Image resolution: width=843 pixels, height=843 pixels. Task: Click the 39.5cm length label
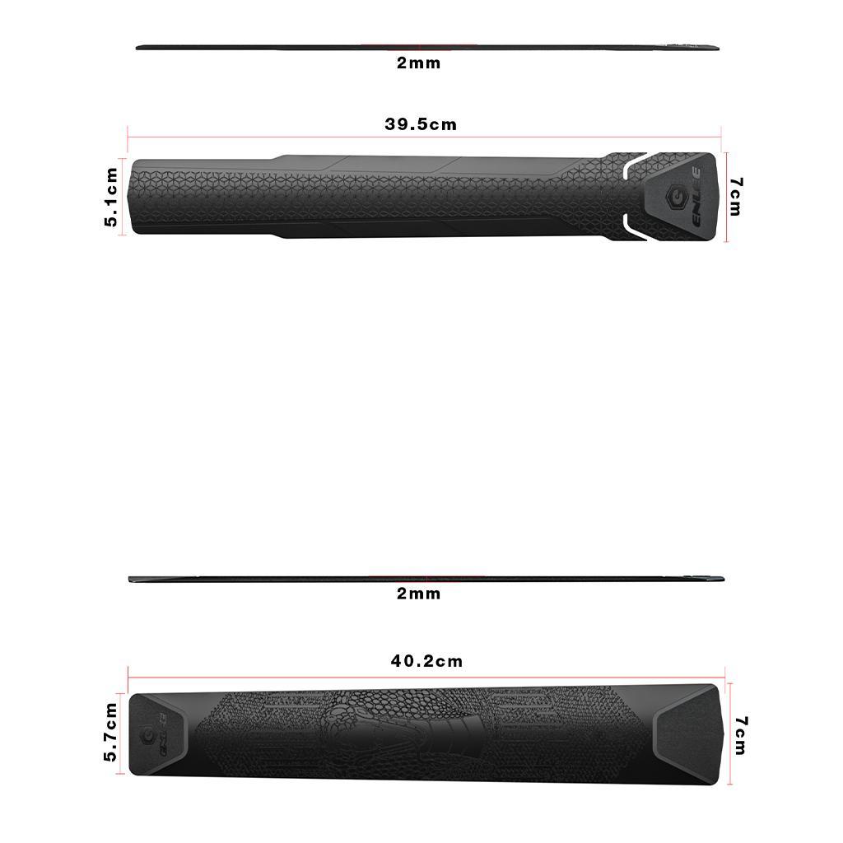coord(420,124)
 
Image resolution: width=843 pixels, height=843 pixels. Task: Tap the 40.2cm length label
coord(426,661)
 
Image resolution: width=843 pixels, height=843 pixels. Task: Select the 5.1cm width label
coord(111,197)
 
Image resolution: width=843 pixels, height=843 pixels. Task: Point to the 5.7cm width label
coord(111,732)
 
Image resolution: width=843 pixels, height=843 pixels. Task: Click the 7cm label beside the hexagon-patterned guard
coord(735,197)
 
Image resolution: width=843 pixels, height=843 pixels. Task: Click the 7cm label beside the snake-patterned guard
coord(741,734)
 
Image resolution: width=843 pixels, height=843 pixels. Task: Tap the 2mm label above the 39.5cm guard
coord(418,63)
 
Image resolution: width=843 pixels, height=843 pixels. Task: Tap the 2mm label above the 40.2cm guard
coord(418,594)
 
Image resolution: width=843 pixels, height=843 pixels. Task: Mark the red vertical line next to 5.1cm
coord(123,197)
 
